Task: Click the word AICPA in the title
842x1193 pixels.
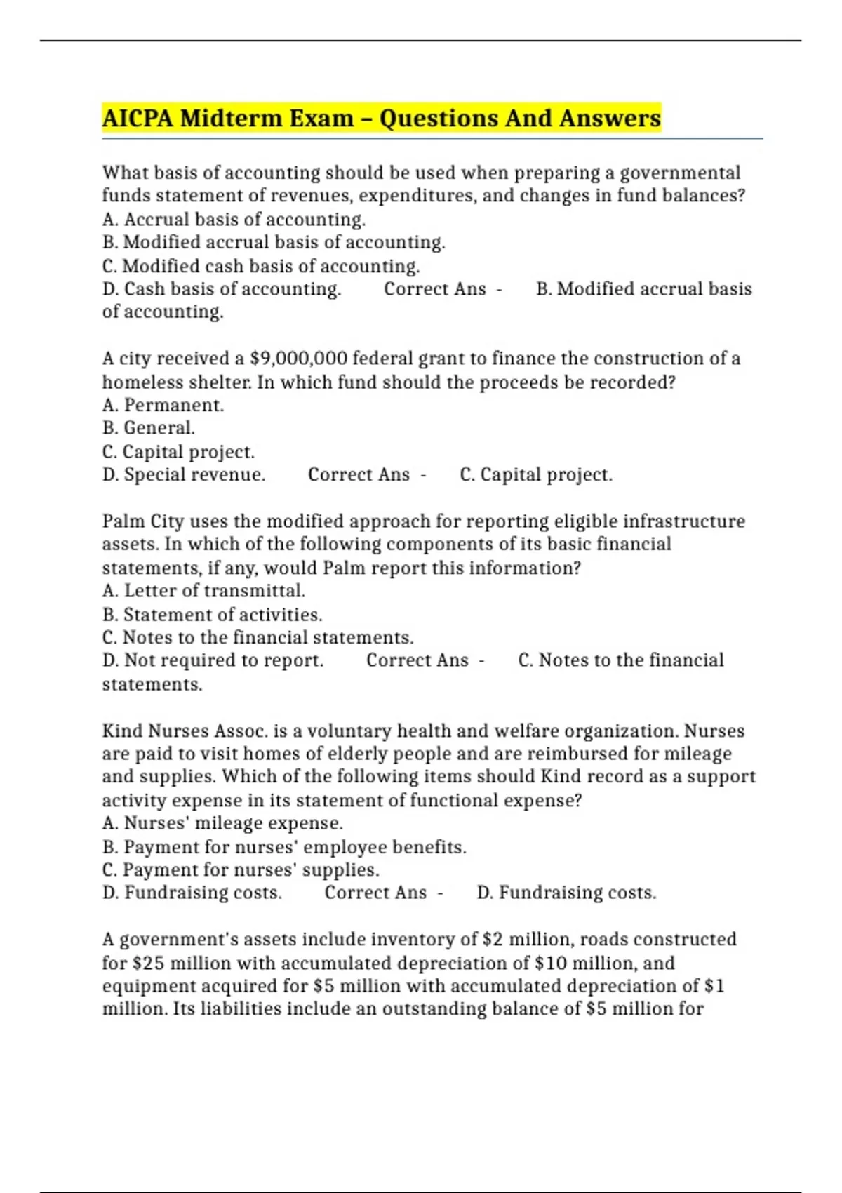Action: [x=138, y=118]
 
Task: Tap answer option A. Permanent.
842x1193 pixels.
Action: [x=163, y=405]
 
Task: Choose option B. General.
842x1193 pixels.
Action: [x=148, y=428]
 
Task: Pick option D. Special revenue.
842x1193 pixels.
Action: [x=184, y=474]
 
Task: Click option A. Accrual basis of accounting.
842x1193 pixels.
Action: [x=234, y=220]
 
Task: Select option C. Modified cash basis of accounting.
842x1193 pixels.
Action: [x=260, y=266]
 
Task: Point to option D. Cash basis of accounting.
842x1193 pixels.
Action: [x=222, y=289]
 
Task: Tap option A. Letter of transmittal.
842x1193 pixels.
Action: [x=203, y=591]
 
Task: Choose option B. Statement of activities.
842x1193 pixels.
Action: [x=212, y=614]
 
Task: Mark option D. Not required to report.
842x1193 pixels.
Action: [x=213, y=660]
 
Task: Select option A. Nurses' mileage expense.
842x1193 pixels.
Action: [x=222, y=823]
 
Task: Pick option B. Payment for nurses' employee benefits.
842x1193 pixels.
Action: [x=284, y=847]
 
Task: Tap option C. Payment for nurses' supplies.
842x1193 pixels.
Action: [x=241, y=869]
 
